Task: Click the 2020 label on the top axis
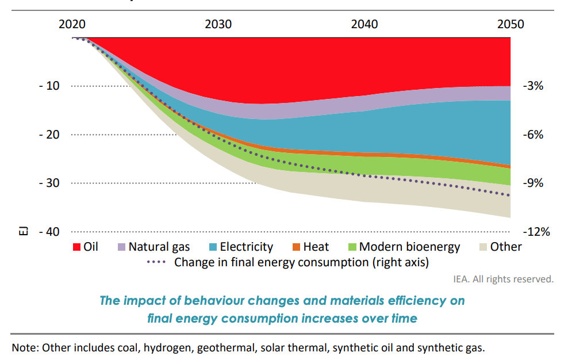pos(72,24)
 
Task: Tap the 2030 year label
pos(218,24)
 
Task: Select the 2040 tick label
pos(364,24)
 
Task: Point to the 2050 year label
pos(511,24)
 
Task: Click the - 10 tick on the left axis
pos(49,86)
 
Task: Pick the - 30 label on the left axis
pos(49,183)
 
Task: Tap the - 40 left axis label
pos(49,232)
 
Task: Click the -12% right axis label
pos(536,232)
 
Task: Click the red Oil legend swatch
pos(76,247)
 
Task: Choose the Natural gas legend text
pos(159,247)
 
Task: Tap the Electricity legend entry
pos(246,247)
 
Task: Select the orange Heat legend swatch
pos(297,247)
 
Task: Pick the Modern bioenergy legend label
pos(409,247)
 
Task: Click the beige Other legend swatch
pos(483,247)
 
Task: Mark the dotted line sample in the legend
pos(158,262)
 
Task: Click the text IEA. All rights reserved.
pos(503,279)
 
